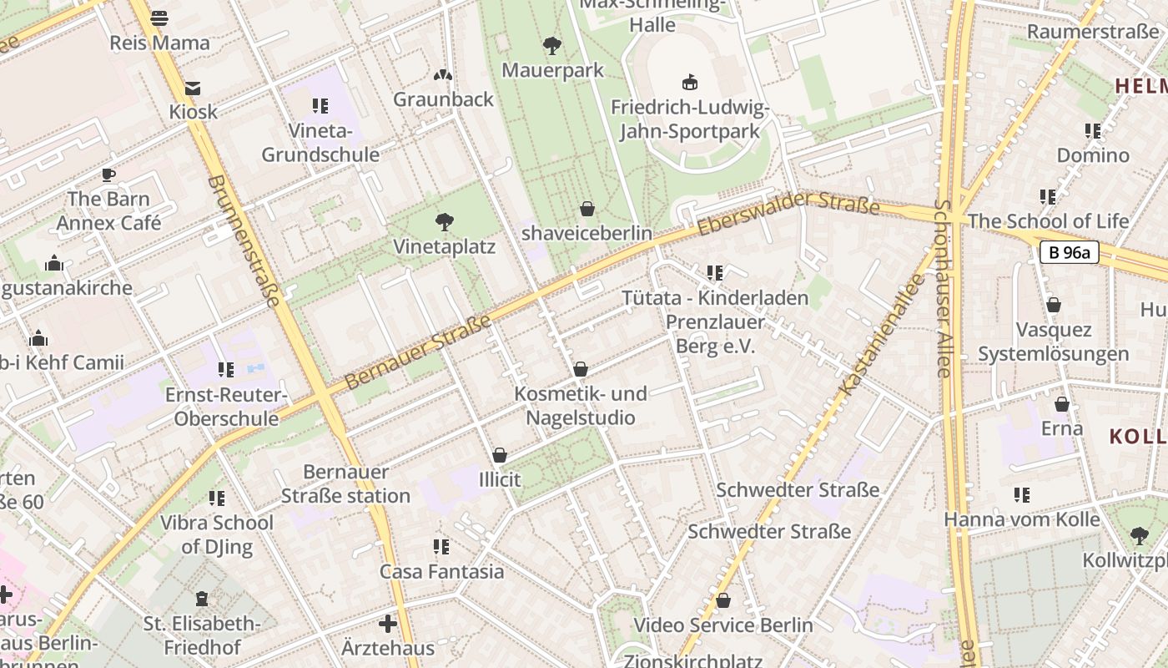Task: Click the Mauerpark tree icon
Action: [x=551, y=45]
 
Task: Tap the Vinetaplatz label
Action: [x=445, y=247]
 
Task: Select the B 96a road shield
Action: [x=1069, y=252]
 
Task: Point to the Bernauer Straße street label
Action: [x=417, y=351]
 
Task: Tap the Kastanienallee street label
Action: [x=884, y=334]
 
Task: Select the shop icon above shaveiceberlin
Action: [x=587, y=208]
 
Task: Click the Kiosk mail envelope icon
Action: [x=193, y=88]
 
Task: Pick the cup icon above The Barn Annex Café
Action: [x=108, y=175]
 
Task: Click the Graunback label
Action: [x=443, y=99]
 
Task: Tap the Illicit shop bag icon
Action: [x=500, y=455]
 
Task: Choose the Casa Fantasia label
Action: [x=441, y=572]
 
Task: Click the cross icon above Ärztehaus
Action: [x=388, y=624]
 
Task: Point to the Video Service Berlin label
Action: [x=722, y=625]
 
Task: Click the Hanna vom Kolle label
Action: [x=1022, y=519]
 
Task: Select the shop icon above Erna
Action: [x=1062, y=404]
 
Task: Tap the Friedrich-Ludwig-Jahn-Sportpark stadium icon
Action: [x=690, y=82]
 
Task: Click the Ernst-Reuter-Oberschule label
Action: [x=226, y=406]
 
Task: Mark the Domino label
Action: [x=1093, y=155]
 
